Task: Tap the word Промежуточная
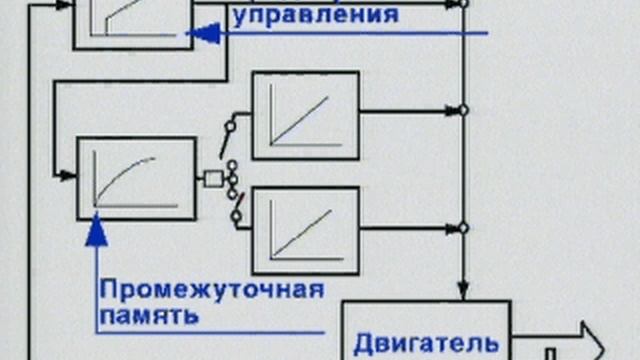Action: [x=212, y=290]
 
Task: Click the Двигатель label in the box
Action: [x=425, y=339]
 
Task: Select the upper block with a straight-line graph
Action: [x=305, y=115]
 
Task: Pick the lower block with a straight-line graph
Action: [x=305, y=230]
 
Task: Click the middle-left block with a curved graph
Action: [x=136, y=179]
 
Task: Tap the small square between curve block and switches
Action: [x=213, y=179]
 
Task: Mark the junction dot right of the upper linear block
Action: [x=462, y=110]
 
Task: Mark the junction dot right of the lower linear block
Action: [x=462, y=228]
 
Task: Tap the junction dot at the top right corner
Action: [x=462, y=3]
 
